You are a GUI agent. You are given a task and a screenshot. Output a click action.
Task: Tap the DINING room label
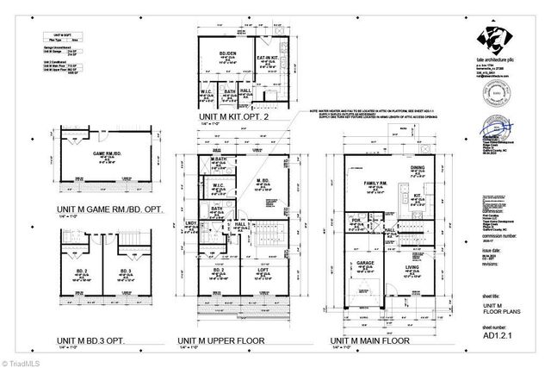[417, 168]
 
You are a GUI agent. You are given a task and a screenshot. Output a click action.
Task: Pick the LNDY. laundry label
[191, 224]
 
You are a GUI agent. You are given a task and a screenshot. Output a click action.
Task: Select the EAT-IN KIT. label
[267, 58]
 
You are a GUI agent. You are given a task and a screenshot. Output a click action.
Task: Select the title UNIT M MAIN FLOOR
[373, 340]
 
